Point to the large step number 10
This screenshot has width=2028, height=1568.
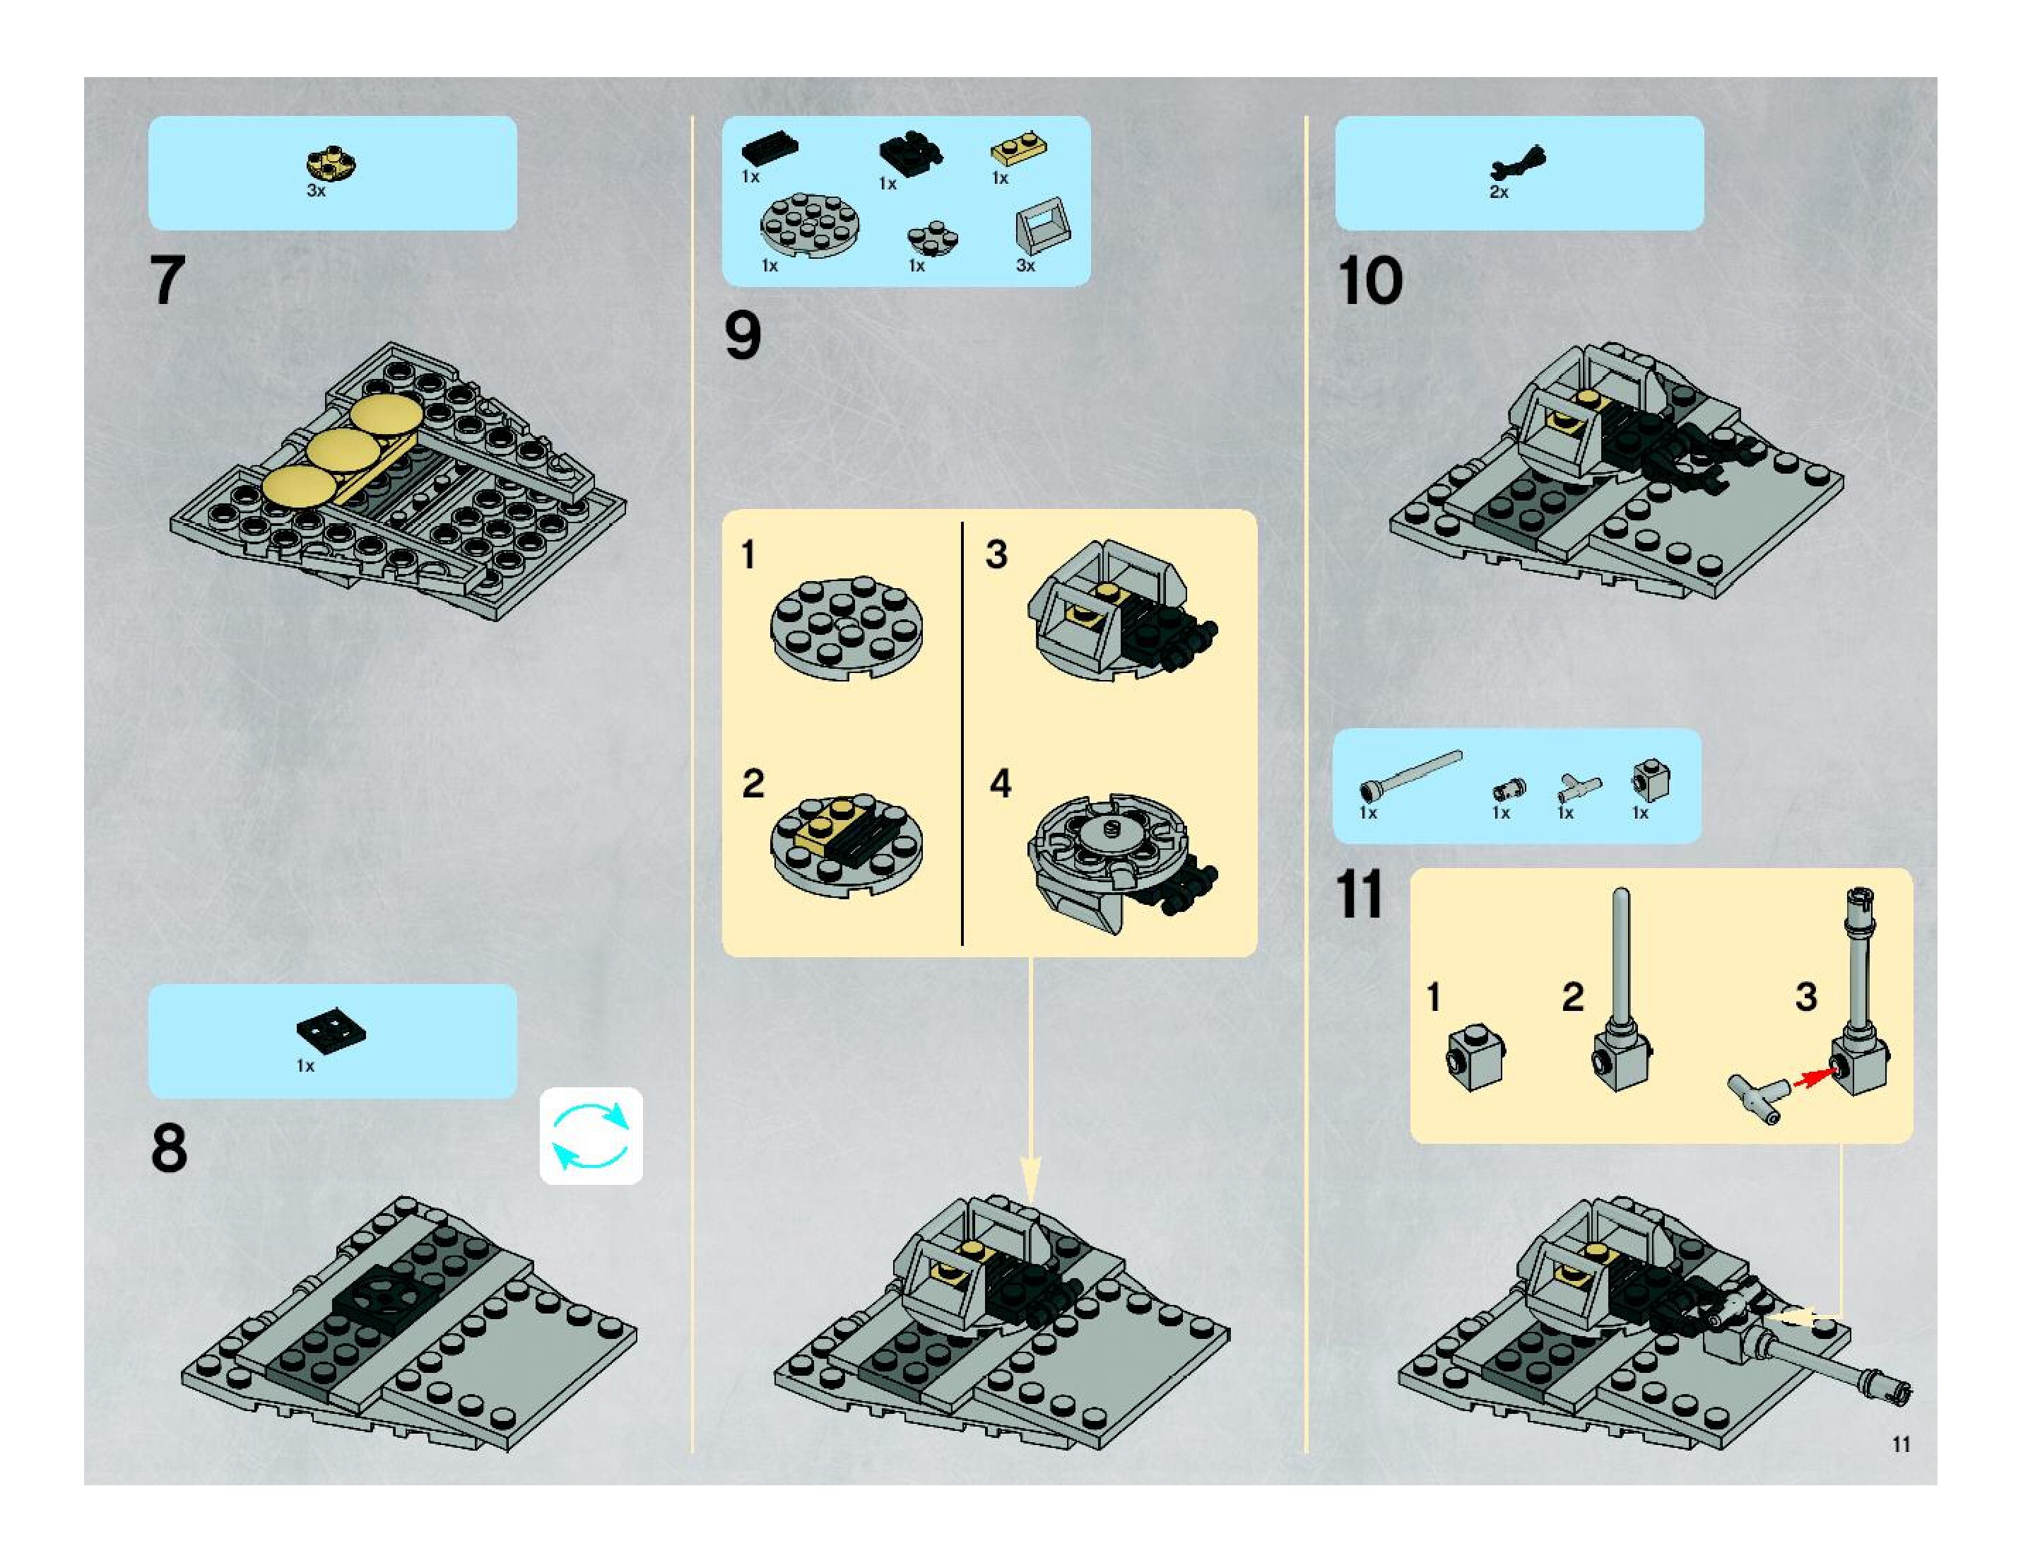click(x=1369, y=281)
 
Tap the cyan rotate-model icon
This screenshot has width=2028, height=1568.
click(x=591, y=1135)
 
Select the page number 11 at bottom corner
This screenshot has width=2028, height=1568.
click(x=1901, y=1444)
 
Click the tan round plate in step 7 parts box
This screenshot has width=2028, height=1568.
click(x=331, y=165)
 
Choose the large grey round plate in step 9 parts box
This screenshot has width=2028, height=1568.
click(x=809, y=225)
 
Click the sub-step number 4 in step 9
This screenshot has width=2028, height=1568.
click(x=999, y=783)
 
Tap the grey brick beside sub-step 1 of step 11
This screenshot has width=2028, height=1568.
click(x=1475, y=1056)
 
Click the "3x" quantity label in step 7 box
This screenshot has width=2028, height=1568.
click(x=316, y=190)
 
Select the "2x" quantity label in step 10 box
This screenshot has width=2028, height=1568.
click(x=1499, y=192)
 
